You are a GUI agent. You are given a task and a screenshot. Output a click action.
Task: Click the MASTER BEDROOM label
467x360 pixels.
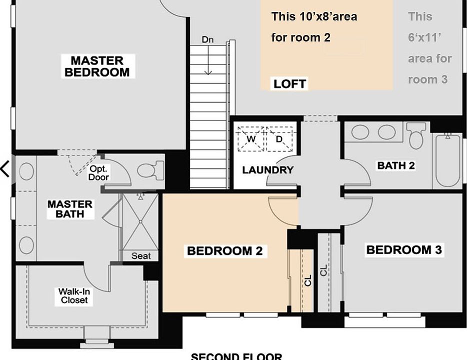97,66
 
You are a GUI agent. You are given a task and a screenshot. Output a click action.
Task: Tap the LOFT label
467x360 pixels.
289,83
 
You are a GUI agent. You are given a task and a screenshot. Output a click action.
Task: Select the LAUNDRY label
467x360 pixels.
267,170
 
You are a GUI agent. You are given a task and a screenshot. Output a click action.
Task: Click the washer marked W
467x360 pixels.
250,138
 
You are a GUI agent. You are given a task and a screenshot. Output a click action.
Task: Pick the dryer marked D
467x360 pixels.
279,138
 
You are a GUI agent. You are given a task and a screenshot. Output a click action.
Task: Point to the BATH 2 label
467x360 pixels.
396,165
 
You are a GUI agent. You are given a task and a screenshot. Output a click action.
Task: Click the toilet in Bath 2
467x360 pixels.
416,135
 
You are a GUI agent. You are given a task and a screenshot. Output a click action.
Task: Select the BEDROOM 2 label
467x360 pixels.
224,250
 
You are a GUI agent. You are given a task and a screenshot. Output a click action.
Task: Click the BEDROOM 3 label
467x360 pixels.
404,249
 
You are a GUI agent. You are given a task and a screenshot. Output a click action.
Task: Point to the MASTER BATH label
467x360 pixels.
70,209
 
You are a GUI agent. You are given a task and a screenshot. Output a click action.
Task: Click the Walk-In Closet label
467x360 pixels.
74,296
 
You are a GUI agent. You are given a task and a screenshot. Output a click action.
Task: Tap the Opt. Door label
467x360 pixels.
98,173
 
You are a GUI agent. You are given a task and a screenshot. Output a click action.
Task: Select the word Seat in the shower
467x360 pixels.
141,256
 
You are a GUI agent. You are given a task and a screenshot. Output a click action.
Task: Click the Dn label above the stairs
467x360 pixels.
208,39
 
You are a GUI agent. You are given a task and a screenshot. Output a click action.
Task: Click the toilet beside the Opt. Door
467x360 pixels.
150,170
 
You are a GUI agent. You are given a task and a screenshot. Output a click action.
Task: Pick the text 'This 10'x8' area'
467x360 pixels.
314,16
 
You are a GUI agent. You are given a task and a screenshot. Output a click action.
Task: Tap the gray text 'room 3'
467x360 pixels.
427,79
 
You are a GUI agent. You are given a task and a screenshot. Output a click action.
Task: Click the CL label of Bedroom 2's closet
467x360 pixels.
308,280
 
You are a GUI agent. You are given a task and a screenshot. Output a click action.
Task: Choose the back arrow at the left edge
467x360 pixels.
5,169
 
